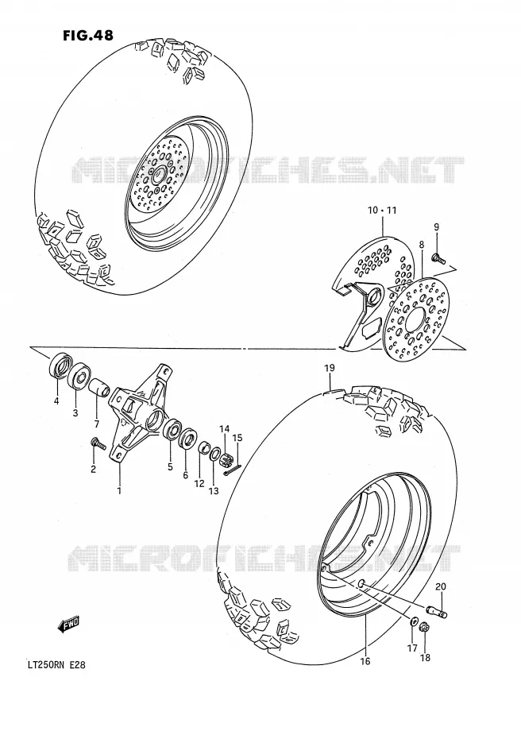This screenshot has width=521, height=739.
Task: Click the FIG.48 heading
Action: [87, 35]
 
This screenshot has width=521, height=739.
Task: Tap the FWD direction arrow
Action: [68, 624]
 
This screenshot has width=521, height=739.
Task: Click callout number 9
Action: [436, 227]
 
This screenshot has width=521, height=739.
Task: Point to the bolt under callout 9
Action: [438, 257]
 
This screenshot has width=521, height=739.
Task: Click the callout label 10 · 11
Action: [382, 211]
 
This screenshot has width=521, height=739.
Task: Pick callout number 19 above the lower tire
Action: [330, 368]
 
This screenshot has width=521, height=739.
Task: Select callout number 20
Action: [441, 586]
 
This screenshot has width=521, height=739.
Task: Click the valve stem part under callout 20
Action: [437, 611]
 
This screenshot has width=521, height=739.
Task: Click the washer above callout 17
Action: [412, 621]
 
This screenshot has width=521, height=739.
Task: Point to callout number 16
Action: [365, 661]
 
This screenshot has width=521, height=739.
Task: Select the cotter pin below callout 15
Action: [233, 470]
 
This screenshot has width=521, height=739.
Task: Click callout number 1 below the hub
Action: [119, 490]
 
